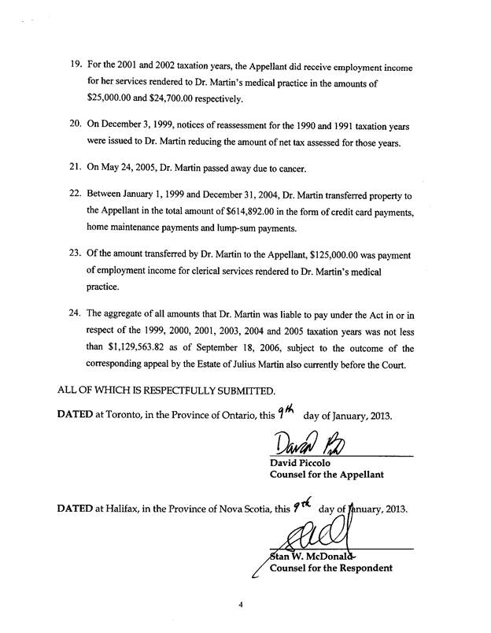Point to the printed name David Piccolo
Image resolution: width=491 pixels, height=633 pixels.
pyautogui.click(x=301, y=465)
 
